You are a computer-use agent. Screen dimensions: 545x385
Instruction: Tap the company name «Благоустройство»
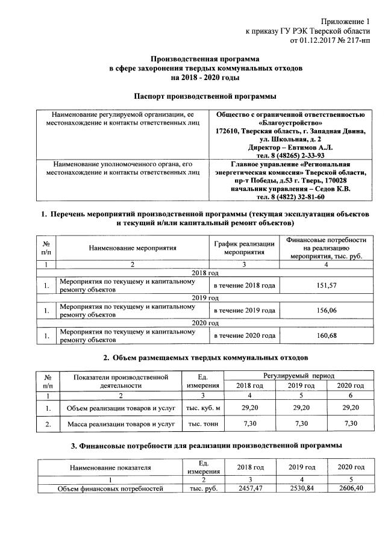(290, 122)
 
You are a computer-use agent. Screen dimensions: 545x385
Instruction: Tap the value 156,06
(326, 310)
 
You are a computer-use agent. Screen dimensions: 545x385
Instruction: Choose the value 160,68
(326, 335)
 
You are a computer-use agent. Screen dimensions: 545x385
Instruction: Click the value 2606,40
(350, 488)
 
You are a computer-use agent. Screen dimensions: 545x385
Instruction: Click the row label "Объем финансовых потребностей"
(110, 488)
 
